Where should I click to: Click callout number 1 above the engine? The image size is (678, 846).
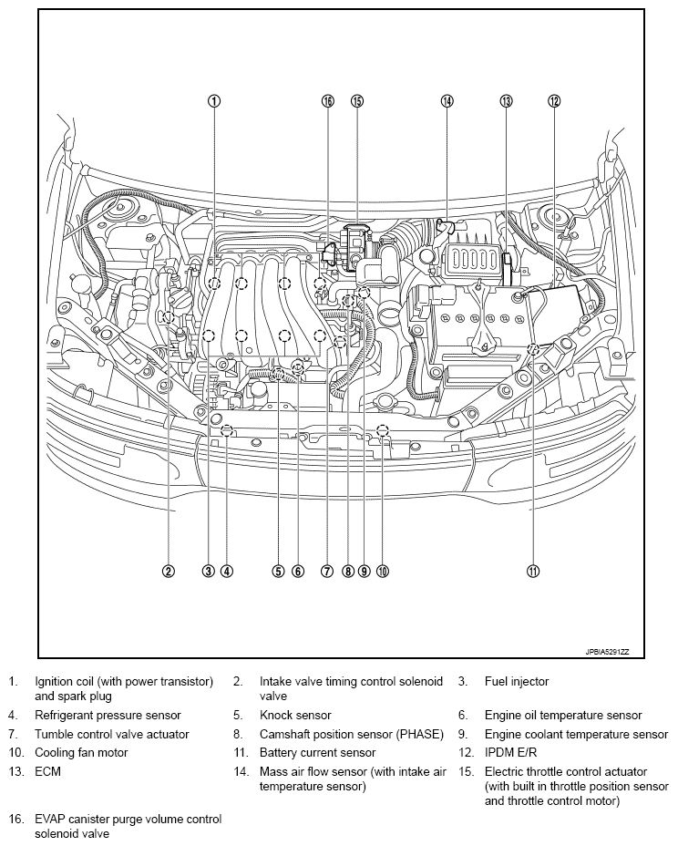tap(213, 101)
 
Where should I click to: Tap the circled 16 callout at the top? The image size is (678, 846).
tap(327, 101)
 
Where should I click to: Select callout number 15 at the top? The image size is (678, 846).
tap(356, 101)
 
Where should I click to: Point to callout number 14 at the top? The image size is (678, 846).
tap(447, 101)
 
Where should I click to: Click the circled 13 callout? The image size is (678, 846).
tap(506, 101)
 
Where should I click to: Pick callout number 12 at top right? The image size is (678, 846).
tap(553, 101)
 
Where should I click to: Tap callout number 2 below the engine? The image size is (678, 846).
tap(169, 572)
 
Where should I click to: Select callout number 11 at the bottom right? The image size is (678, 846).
tap(532, 572)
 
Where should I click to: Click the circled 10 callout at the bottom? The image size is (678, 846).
tap(382, 572)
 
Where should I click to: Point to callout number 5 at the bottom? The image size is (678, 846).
tap(278, 572)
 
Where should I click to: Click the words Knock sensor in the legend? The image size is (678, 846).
tap(295, 716)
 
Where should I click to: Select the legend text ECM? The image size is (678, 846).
tap(48, 771)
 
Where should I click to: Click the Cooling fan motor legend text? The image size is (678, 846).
tap(81, 753)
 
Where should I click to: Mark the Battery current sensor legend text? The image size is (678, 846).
tap(317, 753)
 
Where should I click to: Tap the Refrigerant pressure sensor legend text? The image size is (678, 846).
tap(108, 716)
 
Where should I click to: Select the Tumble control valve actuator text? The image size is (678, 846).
tap(112, 734)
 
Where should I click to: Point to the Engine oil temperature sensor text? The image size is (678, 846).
tap(563, 716)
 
